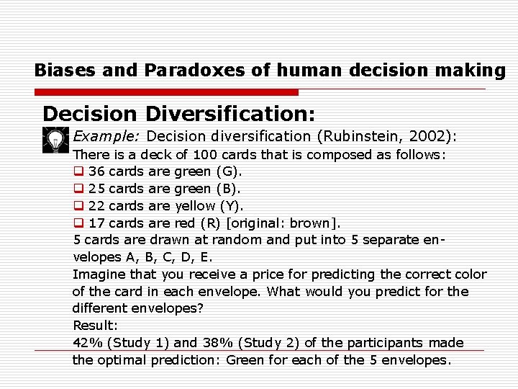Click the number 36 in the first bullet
click(x=96, y=171)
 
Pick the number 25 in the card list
click(x=96, y=189)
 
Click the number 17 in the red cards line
click(x=96, y=223)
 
